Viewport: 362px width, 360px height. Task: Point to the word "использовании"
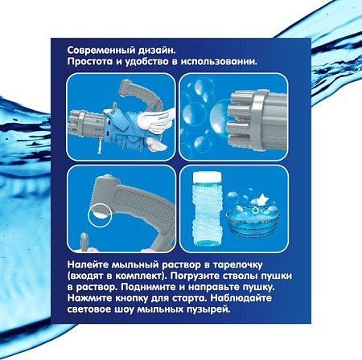pos(219,62)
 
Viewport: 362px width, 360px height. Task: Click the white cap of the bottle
pos(208,176)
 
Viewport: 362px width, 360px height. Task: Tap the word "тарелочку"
pos(237,265)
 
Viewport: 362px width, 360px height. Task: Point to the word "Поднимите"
pos(146,288)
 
